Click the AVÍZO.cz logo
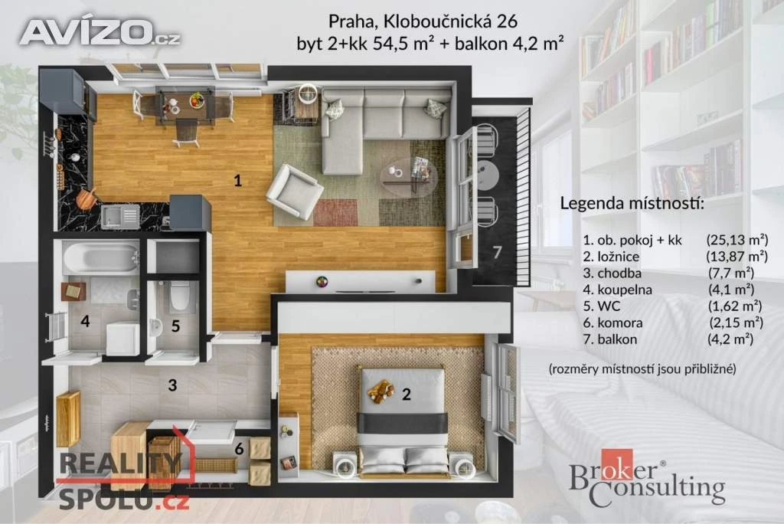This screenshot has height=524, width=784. click(100, 31)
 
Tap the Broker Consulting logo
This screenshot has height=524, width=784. click(647, 479)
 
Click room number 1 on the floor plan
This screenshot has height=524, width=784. click(238, 180)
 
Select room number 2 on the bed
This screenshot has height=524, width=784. click(406, 394)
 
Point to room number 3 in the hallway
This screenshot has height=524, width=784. click(172, 385)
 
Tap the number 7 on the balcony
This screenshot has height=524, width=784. click(496, 252)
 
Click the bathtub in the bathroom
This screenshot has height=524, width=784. click(101, 257)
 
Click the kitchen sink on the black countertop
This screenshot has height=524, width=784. click(120, 216)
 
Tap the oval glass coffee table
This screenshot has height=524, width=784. click(408, 176)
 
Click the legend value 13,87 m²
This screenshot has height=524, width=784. click(737, 256)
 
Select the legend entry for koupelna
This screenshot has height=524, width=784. click(617, 290)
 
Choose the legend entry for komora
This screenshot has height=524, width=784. click(612, 323)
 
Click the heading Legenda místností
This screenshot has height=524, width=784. click(632, 204)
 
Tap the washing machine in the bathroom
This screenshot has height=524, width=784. click(123, 339)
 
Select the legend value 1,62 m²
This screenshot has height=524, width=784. click(735, 306)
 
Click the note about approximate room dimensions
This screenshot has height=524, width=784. click(642, 368)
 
